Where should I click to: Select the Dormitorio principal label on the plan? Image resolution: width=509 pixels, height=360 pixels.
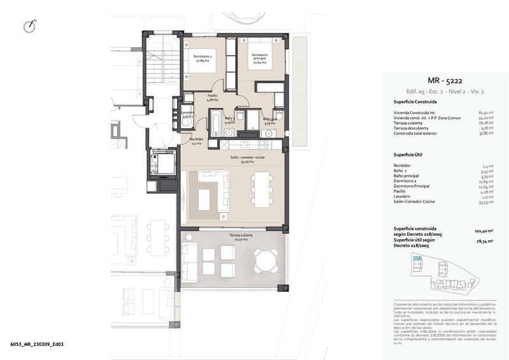pyautogui.click(x=259, y=59)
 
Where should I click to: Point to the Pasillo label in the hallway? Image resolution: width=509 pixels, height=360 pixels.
pyautogui.click(x=212, y=98)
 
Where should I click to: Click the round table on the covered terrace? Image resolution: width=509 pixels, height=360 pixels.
pyautogui.click(x=264, y=260)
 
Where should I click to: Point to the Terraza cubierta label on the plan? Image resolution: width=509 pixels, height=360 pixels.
pyautogui.click(x=231, y=237)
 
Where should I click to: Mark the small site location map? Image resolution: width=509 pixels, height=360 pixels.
pyautogui.click(x=444, y=275)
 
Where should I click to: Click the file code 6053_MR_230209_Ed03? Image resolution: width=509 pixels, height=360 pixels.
pyautogui.click(x=36, y=344)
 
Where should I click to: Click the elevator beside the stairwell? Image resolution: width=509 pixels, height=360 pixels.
pyautogui.click(x=162, y=165)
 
